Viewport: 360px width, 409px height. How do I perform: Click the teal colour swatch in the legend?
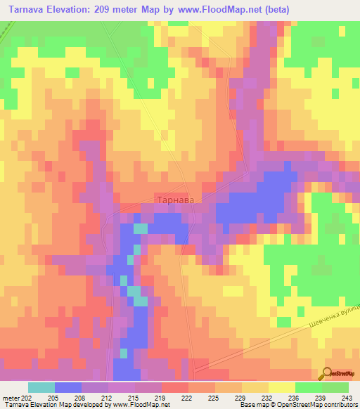pos(41,387)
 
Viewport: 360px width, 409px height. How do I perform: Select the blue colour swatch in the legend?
pos(67,387)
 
